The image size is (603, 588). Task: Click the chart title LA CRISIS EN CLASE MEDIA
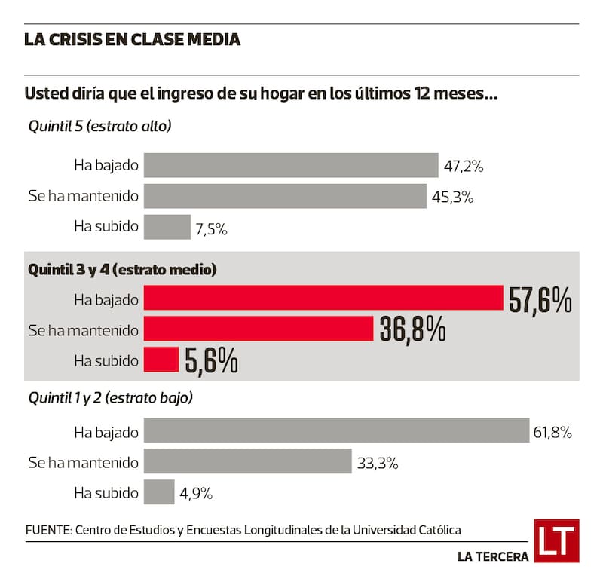pos(133,40)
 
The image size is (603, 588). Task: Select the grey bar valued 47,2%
pos(291,165)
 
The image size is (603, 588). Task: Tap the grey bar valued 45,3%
pos(285,196)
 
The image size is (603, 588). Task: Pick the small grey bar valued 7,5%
pos(167,227)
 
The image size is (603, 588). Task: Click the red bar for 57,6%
pos(323,299)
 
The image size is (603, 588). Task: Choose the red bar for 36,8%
pos(259,329)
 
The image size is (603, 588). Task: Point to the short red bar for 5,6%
pos(161,360)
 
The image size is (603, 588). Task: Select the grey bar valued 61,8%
pos(336,431)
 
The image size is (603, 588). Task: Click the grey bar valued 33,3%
pos(247,461)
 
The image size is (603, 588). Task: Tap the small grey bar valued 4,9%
pos(158,492)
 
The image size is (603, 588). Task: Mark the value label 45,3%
pos(452,198)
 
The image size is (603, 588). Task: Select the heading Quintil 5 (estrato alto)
pos(100,126)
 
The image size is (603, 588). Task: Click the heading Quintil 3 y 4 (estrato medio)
pos(122,268)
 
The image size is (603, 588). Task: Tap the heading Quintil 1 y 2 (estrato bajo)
pos(110,397)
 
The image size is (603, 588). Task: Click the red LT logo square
pos(556,541)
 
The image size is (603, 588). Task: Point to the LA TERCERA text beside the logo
pos(492,557)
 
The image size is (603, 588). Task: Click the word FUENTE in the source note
pos(47,530)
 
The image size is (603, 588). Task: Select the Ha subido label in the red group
pos(106,360)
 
